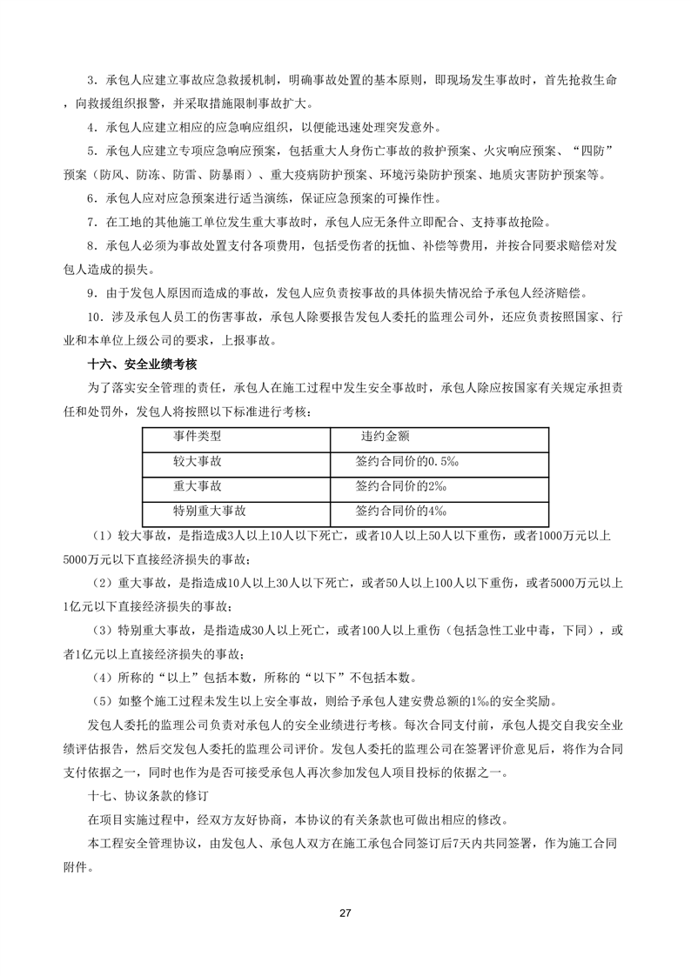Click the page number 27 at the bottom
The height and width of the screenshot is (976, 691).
tap(345, 912)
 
